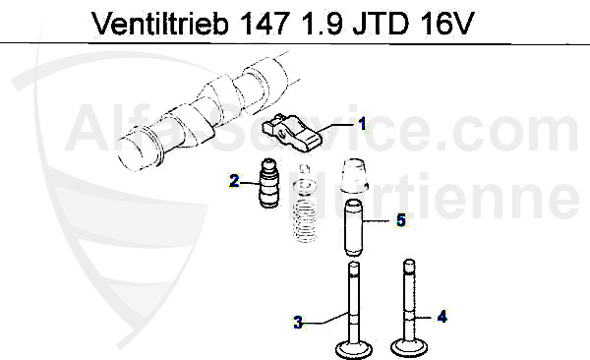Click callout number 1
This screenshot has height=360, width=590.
click(361, 125)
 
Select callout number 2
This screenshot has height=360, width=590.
click(234, 180)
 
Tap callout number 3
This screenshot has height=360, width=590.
click(299, 321)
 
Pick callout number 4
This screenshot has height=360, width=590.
click(442, 317)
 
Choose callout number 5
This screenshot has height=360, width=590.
click(400, 221)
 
